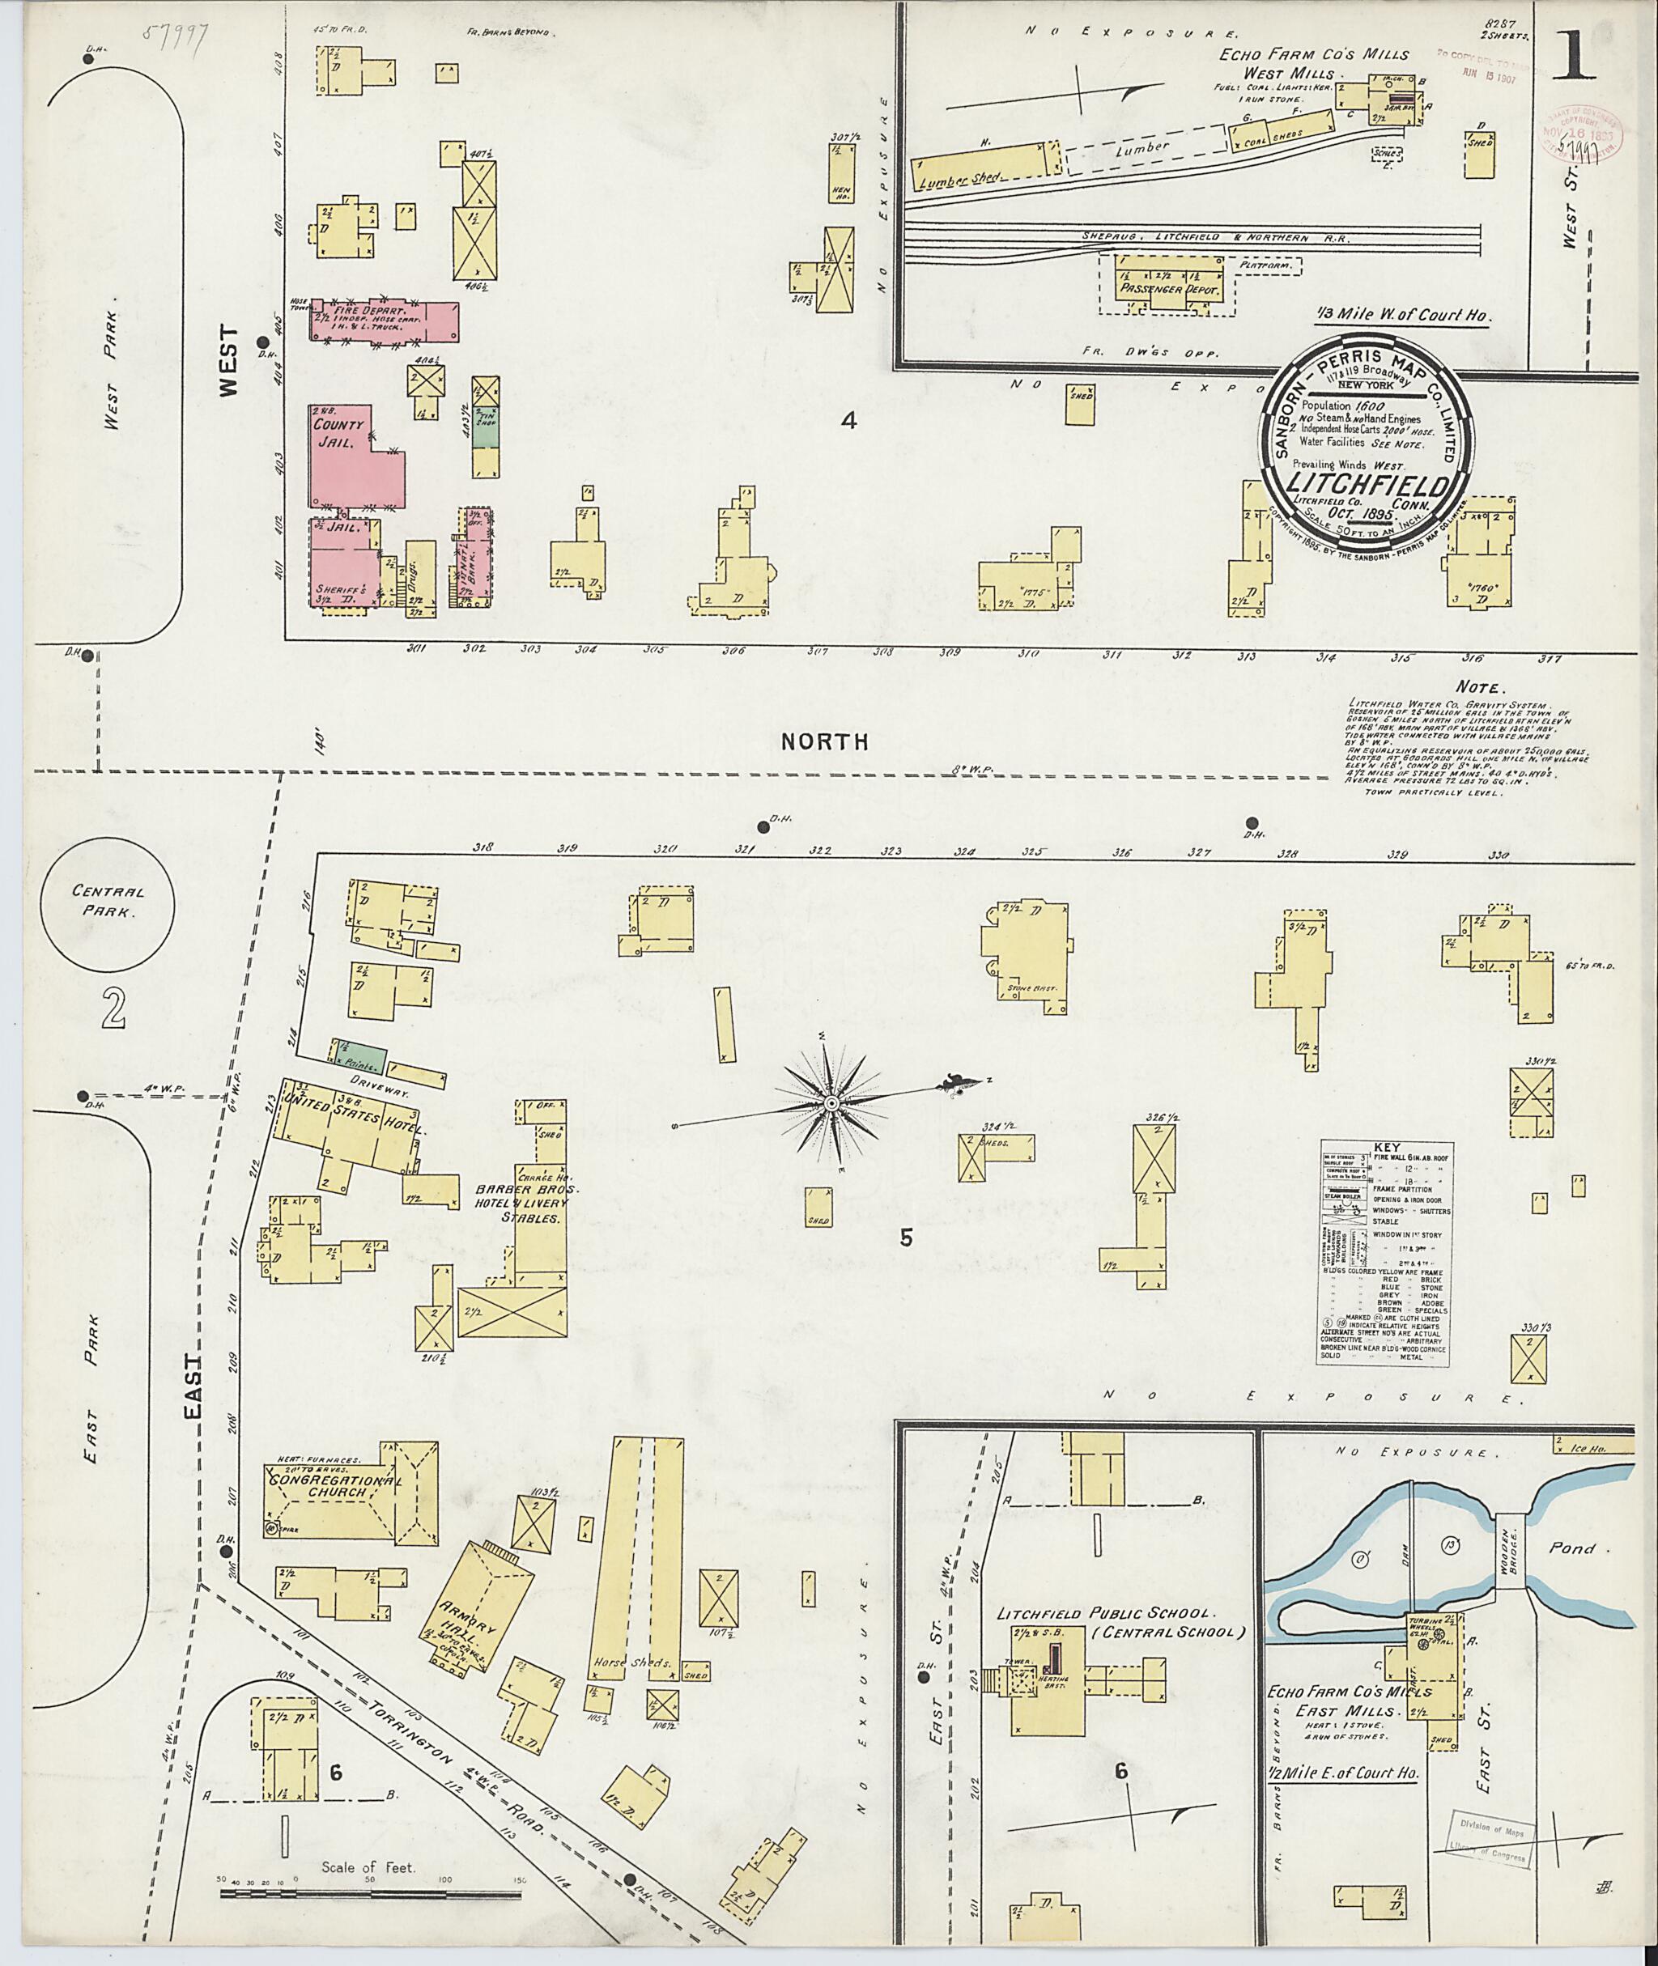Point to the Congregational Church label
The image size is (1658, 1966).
tap(335, 1505)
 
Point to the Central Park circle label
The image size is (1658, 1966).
tap(107, 901)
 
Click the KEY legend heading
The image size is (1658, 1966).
tap(1385, 1148)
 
